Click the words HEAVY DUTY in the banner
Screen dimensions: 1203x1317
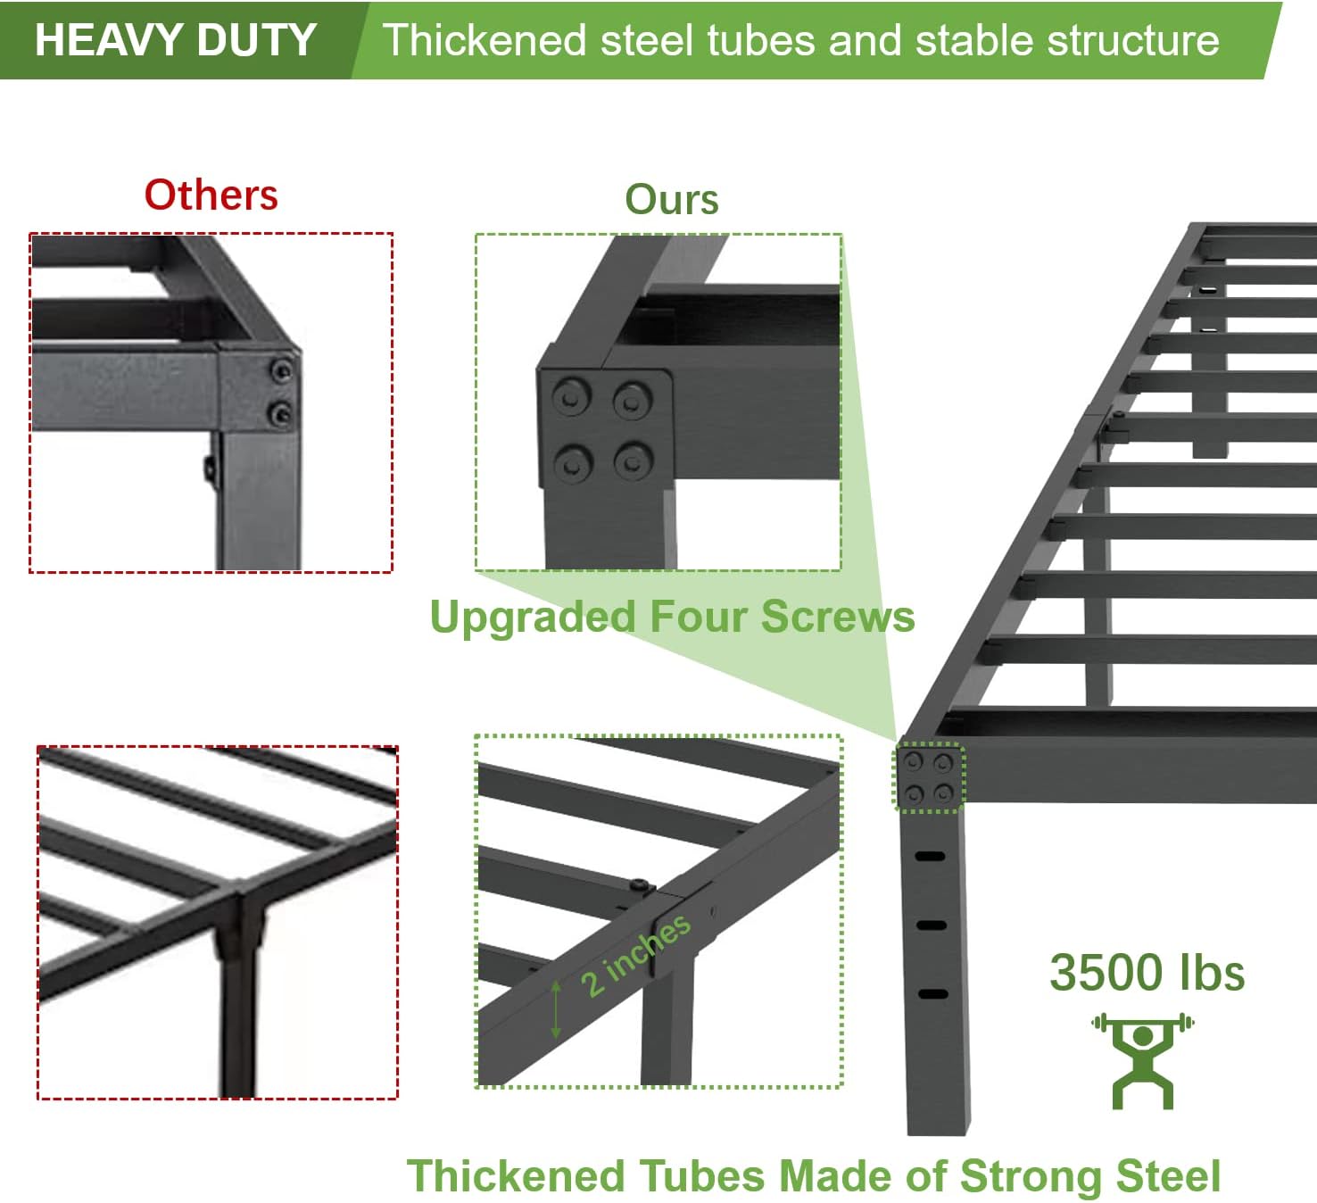pyautogui.click(x=176, y=40)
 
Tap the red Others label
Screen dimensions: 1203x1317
pyautogui.click(x=211, y=195)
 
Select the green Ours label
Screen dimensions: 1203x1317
pyautogui.click(x=671, y=199)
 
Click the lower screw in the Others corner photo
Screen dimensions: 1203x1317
pyautogui.click(x=281, y=412)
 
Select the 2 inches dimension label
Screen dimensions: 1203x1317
pyautogui.click(x=635, y=955)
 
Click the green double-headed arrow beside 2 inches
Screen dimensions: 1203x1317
pyautogui.click(x=556, y=1008)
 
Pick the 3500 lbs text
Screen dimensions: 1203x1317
pyautogui.click(x=1147, y=973)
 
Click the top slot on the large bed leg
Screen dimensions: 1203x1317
pyautogui.click(x=930, y=857)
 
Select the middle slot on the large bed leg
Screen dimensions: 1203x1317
pyautogui.click(x=932, y=925)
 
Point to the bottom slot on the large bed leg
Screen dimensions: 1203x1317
pyautogui.click(x=932, y=994)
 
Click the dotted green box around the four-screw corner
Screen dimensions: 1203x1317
pyautogui.click(x=929, y=777)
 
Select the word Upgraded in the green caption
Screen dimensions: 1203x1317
pyautogui.click(x=532, y=617)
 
